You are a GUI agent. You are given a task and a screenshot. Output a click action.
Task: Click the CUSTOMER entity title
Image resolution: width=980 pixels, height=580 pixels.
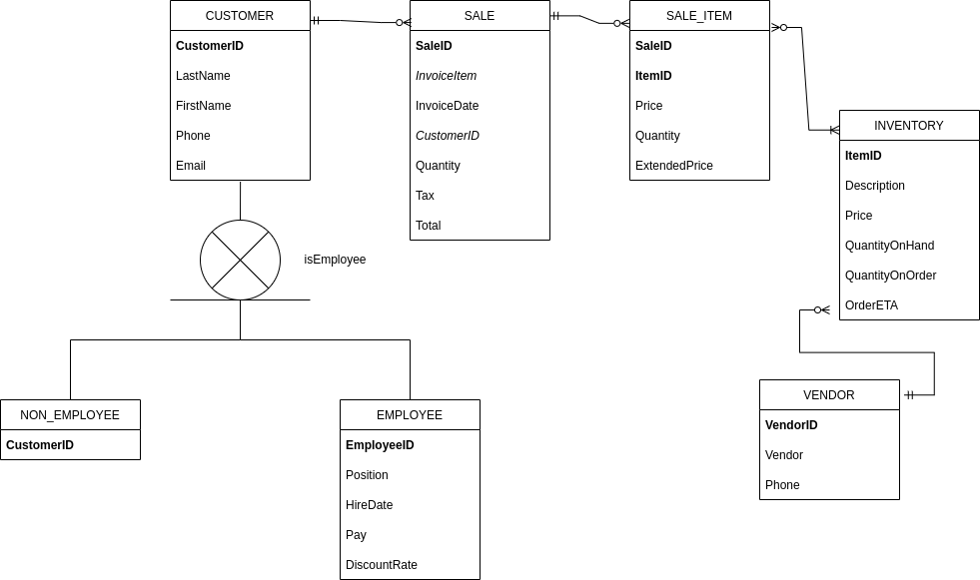pyautogui.click(x=240, y=16)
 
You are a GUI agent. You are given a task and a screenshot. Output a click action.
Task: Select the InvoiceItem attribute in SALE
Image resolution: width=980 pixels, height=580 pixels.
pyautogui.click(x=446, y=76)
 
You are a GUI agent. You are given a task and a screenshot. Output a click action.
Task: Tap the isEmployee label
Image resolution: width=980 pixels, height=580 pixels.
pyautogui.click(x=335, y=260)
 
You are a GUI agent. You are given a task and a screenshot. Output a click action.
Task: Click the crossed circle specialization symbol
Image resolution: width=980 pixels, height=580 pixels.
pyautogui.click(x=240, y=260)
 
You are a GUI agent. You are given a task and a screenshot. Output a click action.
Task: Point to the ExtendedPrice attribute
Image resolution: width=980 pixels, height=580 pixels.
pyautogui.click(x=673, y=166)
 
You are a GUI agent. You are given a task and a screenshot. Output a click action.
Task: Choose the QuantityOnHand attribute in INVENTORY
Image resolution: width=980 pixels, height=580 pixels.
pyautogui.click(x=889, y=246)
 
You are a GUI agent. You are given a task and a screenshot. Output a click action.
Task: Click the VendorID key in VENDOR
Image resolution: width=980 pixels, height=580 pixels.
pyautogui.click(x=791, y=425)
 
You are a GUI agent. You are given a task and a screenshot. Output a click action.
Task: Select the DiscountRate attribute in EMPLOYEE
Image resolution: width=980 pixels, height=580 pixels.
pyautogui.click(x=381, y=565)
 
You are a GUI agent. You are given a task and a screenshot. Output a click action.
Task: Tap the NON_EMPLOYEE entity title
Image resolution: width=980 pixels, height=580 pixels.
pyautogui.click(x=70, y=415)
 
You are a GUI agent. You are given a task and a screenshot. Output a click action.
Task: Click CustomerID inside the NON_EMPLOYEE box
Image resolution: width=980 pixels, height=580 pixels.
pyautogui.click(x=40, y=445)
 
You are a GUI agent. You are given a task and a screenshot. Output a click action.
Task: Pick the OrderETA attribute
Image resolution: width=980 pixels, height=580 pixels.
pyautogui.click(x=871, y=305)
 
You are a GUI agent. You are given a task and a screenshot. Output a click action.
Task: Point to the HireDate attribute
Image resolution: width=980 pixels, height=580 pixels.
pyautogui.click(x=369, y=505)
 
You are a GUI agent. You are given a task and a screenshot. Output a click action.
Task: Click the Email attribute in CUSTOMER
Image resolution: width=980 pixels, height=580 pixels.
pyautogui.click(x=191, y=166)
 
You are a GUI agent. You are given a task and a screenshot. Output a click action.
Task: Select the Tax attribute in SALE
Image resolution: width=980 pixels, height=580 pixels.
pyautogui.click(x=425, y=196)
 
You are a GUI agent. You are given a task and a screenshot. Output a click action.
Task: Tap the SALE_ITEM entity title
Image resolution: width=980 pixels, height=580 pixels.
pyautogui.click(x=699, y=16)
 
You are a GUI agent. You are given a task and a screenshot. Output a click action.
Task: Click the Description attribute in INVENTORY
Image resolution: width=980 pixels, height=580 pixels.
pyautogui.click(x=874, y=186)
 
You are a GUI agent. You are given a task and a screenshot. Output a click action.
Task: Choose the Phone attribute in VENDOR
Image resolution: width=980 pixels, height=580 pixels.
pyautogui.click(x=782, y=485)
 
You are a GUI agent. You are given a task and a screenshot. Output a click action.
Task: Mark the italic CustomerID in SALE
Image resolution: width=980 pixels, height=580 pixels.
pyautogui.click(x=447, y=136)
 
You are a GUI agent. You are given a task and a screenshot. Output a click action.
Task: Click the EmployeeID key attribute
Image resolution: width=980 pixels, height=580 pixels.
pyautogui.click(x=380, y=445)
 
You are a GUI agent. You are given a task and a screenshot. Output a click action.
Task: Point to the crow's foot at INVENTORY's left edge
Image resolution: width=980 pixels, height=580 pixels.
pyautogui.click(x=833, y=130)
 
